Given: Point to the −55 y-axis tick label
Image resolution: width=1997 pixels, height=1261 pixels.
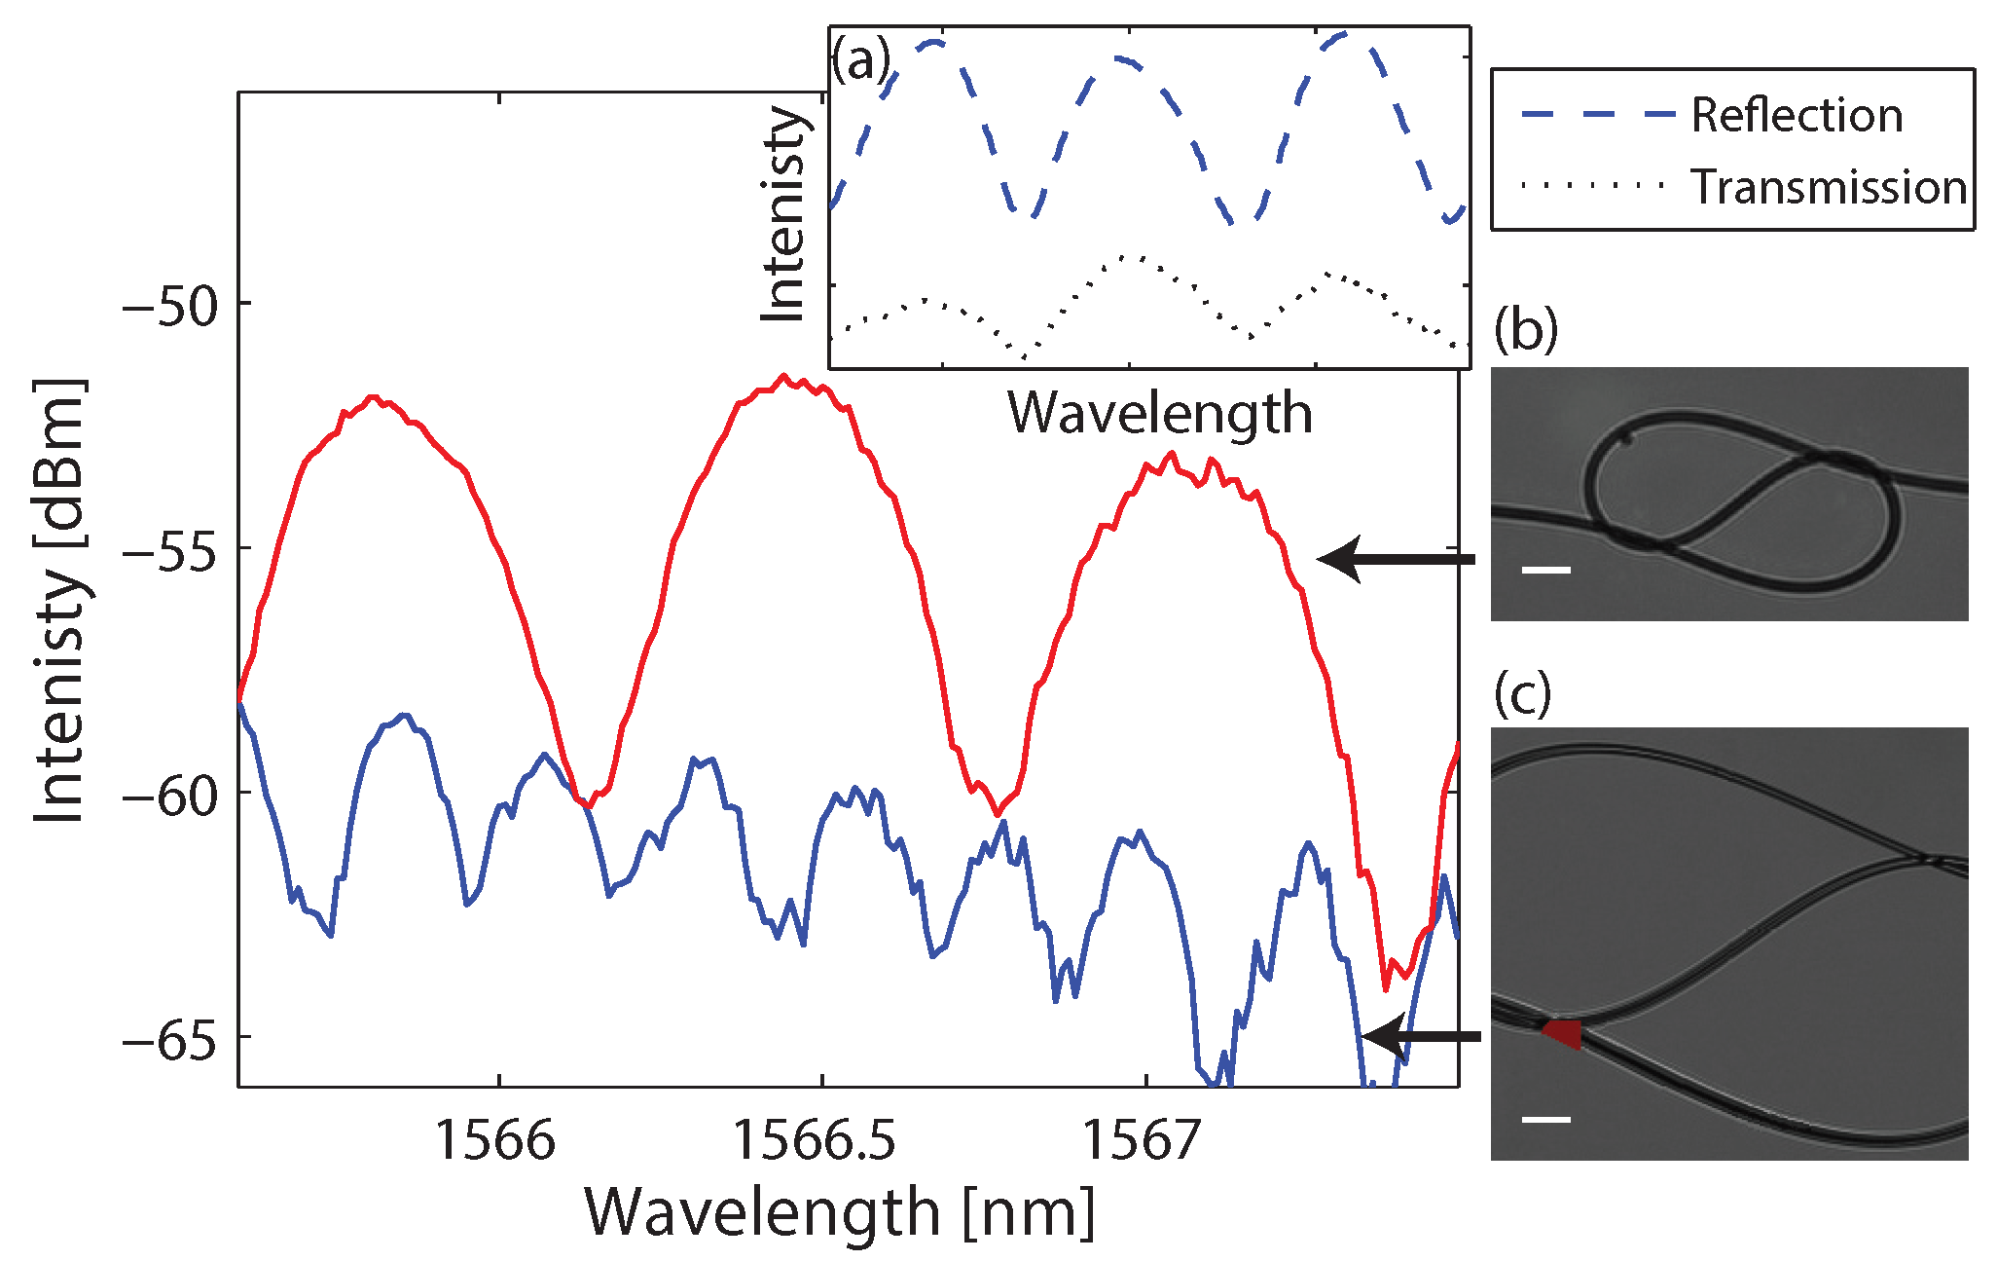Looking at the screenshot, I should pos(171,551).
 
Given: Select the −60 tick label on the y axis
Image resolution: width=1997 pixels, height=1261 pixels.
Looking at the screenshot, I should pos(171,796).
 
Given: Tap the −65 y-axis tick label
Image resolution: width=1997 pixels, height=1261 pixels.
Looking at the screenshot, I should pos(171,1040).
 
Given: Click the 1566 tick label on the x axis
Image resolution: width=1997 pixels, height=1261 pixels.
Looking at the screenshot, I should pos(495,1139).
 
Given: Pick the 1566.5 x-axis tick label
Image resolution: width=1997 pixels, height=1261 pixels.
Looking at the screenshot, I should pos(815,1139).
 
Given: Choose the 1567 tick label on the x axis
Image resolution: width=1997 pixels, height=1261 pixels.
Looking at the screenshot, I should pos(1142,1139).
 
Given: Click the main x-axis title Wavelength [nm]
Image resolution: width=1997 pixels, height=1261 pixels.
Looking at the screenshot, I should pos(840,1212).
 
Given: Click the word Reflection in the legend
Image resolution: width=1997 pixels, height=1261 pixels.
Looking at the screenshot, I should pos(1797,115).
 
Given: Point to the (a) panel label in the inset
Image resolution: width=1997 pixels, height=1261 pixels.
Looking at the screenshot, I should pos(860,61).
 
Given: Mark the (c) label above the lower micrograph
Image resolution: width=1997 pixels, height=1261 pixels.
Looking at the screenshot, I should pos(1523,693).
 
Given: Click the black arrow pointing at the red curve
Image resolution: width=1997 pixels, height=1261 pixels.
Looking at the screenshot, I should pos(1397,559).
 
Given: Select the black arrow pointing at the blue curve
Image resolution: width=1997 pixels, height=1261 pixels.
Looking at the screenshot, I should pos(1421,1036).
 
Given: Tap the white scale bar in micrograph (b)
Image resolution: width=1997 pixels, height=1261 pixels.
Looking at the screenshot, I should pos(1545,570).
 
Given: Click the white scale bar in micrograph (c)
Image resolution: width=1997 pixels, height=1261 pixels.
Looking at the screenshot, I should pos(1545,1119).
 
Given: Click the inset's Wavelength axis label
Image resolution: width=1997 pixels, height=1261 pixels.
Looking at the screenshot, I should pos(1159,413).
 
